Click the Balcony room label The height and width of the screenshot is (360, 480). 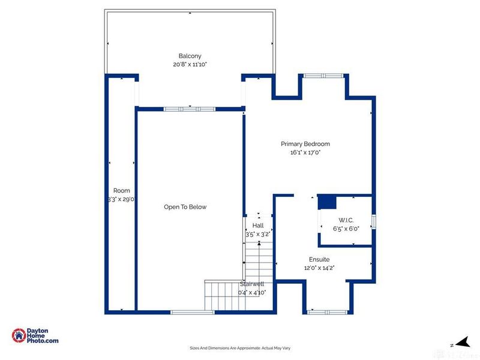coord(190,56)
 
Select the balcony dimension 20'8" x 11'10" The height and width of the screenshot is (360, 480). coord(190,64)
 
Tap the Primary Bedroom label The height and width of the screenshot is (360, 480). coord(305,144)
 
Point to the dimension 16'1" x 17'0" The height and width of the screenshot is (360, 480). coord(305,152)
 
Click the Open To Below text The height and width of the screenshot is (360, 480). coord(185,207)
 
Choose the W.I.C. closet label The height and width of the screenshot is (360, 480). coord(346,220)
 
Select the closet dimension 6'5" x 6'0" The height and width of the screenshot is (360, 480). coord(346,228)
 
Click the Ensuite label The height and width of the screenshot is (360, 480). coord(319,259)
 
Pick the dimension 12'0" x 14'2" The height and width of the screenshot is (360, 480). coord(319,268)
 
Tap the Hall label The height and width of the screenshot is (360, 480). coord(258,226)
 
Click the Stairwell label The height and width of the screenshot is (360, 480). coord(253,284)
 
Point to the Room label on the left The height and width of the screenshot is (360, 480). coord(122,191)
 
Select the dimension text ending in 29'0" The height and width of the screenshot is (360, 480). coord(122,199)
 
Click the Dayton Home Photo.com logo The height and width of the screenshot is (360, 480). coord(35,337)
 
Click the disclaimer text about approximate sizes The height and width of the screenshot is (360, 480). coord(240,348)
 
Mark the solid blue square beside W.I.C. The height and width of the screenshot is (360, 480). coord(326,202)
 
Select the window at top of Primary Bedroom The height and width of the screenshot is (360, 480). coord(323,76)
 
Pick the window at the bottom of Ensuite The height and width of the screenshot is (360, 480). coord(328,311)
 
